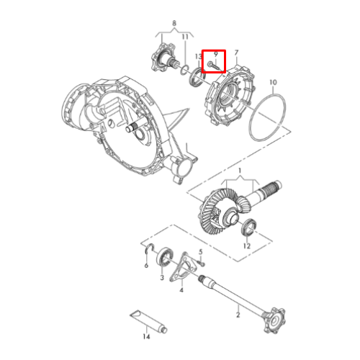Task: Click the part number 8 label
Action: click(174, 23)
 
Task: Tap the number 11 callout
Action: click(185, 37)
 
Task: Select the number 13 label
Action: click(199, 57)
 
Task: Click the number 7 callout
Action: click(236, 53)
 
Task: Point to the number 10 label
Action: click(273, 82)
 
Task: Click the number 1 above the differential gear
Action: click(240, 171)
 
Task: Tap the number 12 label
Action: click(247, 246)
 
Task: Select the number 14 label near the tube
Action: click(146, 336)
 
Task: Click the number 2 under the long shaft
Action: click(238, 315)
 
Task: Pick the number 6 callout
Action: click(146, 265)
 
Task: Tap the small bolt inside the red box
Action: click(215, 66)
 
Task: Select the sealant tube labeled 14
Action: click(148, 321)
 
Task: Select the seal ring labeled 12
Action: click(248, 227)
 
